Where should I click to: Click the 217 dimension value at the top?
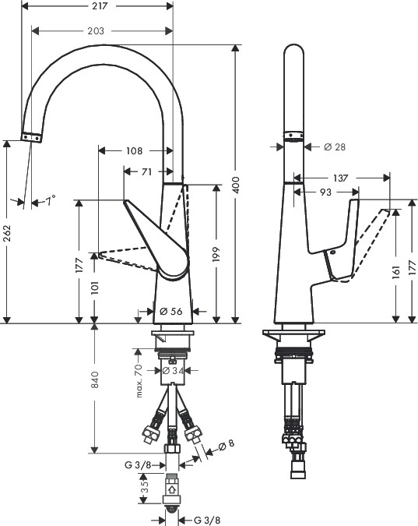pyautogui.click(x=100, y=6)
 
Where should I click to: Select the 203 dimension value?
pyautogui.click(x=96, y=31)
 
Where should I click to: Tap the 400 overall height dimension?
pyautogui.click(x=236, y=185)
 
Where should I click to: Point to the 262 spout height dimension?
pyautogui.click(x=7, y=234)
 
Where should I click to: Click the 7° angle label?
pyautogui.click(x=51, y=200)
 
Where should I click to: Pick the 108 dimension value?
pyautogui.click(x=135, y=151)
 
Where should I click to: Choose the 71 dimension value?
pyautogui.click(x=146, y=171)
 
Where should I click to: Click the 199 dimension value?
pyautogui.click(x=216, y=255)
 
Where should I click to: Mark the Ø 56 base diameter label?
pyautogui.click(x=171, y=311)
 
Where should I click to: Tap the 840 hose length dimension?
pyautogui.click(x=95, y=379)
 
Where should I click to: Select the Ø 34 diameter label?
pyautogui.click(x=173, y=371)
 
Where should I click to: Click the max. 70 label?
pyautogui.click(x=139, y=381)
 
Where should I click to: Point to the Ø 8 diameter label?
pyautogui.click(x=227, y=445)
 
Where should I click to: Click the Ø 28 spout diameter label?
pyautogui.click(x=335, y=147)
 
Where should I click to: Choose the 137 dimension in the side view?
pyautogui.click(x=341, y=178)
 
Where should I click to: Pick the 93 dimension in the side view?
pyautogui.click(x=326, y=192)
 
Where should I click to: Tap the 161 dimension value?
pyautogui.click(x=396, y=272)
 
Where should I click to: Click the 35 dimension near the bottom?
pyautogui.click(x=145, y=488)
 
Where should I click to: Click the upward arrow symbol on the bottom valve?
pyautogui.click(x=171, y=489)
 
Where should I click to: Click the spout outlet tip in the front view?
pyautogui.click(x=31, y=137)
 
